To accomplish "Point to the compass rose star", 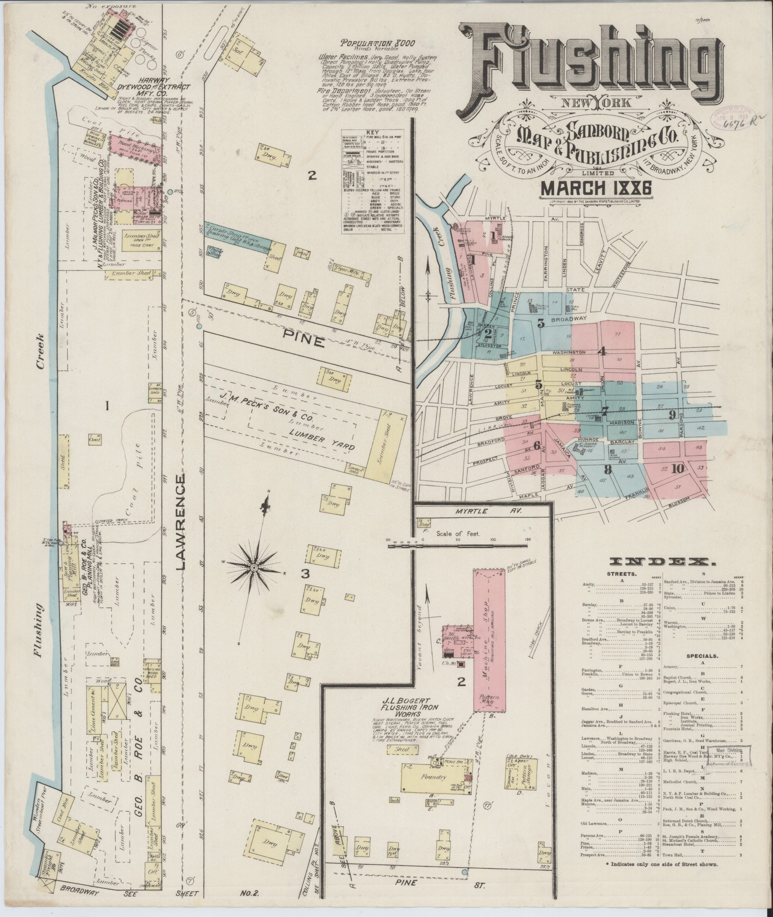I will pos(253,568).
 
